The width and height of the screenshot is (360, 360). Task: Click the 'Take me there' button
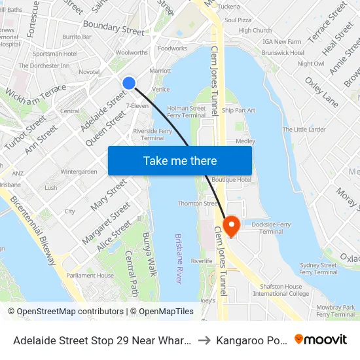tap(180, 160)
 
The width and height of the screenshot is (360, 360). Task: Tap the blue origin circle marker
tap(129, 82)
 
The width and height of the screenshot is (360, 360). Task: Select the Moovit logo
tap(321, 339)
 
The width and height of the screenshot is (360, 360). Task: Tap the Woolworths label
tap(132, 52)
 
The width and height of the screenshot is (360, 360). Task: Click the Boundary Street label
tap(113, 29)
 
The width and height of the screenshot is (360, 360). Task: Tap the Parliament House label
tap(90, 276)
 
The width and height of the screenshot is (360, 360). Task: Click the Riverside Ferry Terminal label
tap(153, 134)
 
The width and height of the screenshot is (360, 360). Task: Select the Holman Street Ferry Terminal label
tap(187, 111)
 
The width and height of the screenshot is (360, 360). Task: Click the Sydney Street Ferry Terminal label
tap(318, 268)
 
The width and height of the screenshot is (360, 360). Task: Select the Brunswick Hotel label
tap(283, 52)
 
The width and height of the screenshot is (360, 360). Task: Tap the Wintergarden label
tap(79, 171)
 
